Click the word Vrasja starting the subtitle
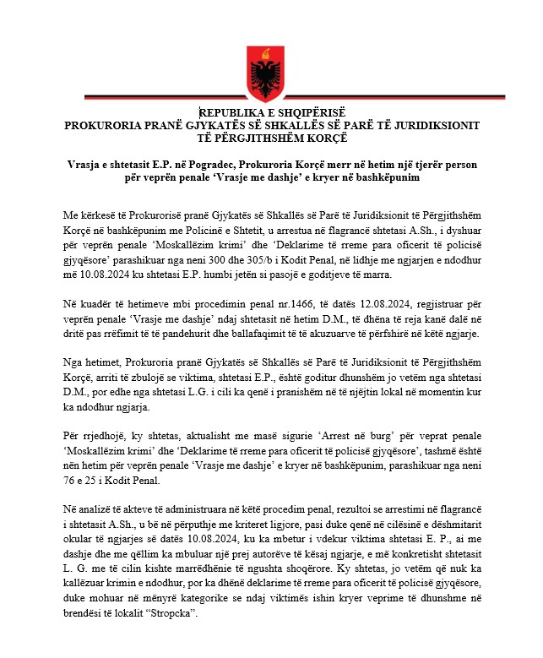tap(90, 166)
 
